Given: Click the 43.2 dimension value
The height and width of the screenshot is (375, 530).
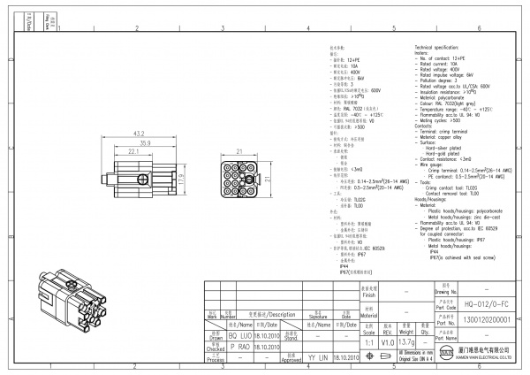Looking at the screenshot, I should [x=138, y=134].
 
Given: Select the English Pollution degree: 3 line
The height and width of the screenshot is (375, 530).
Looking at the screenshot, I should [x=441, y=80].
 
